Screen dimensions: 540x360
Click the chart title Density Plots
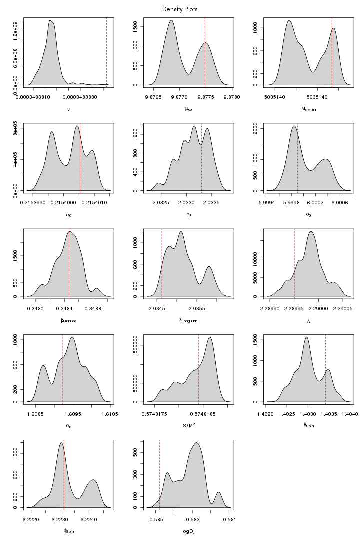coord(180,9)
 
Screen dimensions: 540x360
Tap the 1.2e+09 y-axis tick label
coord(16,30)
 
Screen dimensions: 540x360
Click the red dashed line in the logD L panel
coord(159,475)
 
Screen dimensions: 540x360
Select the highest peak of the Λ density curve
coord(311,232)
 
